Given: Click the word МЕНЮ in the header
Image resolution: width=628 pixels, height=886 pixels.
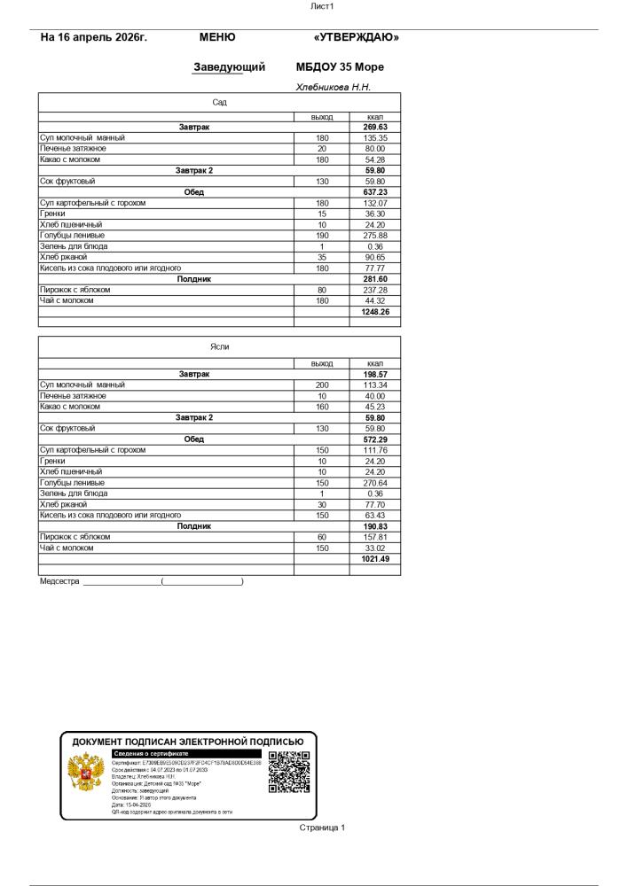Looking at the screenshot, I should point(217,37).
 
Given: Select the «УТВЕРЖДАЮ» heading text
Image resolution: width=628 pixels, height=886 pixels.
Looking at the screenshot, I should point(357,37).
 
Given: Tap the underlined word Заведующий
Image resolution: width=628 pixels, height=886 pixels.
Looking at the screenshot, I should point(229,66).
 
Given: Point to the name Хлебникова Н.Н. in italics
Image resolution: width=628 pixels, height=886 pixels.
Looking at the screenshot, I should point(334,87).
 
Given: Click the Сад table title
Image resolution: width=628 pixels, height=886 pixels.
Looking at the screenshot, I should point(219,103).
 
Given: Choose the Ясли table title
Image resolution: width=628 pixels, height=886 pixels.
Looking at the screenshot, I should point(219,346).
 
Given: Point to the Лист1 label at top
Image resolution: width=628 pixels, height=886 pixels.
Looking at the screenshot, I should point(320,6).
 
